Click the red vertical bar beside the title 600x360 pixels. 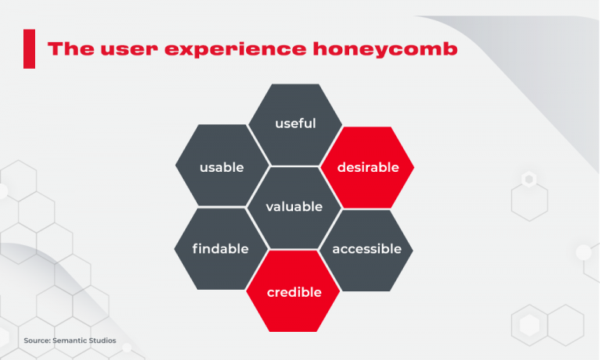[30, 48]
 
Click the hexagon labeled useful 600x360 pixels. [295, 124]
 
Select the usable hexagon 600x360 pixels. [222, 167]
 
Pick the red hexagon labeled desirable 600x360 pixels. [367, 167]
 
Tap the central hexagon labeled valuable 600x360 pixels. [294, 207]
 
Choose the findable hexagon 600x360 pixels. [221, 249]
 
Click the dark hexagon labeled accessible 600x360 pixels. [366, 249]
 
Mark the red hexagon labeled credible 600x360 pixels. [294, 292]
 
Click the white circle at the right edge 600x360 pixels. [584, 251]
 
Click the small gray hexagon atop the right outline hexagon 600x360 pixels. [529, 180]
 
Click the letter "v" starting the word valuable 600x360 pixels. [270, 207]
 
